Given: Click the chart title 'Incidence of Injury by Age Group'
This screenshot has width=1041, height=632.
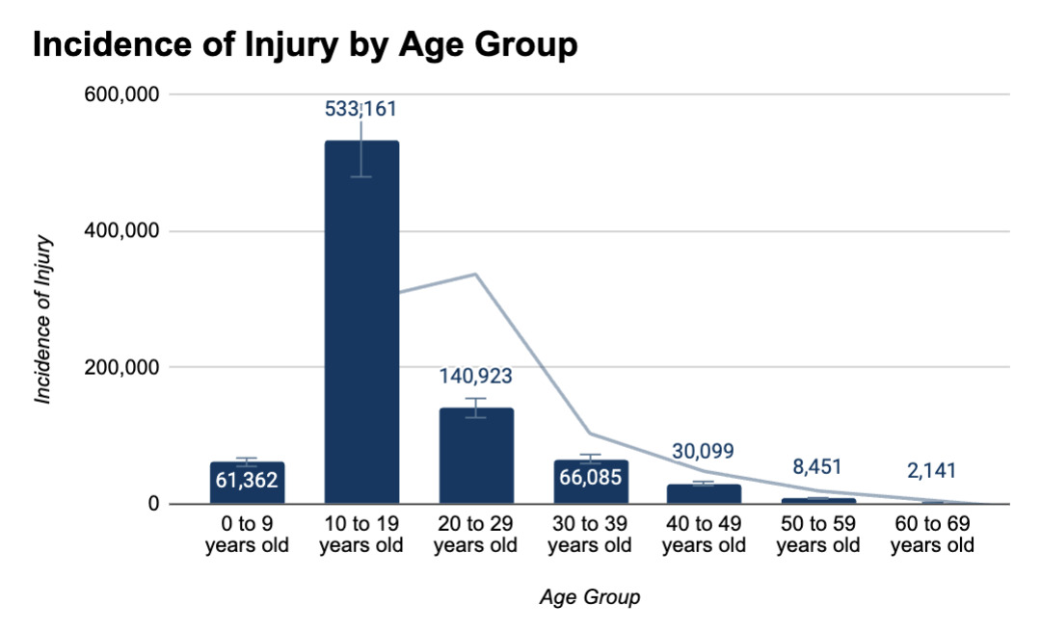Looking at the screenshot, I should point(305,44).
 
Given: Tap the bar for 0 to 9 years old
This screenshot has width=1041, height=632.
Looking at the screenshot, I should point(247,483).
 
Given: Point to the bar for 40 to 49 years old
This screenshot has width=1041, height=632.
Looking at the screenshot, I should point(704,493).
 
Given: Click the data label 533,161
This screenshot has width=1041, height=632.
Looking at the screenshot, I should point(360,109).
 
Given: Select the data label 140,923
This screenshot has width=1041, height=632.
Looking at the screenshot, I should point(475,377).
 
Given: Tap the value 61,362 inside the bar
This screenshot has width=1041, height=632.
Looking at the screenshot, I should point(247,480).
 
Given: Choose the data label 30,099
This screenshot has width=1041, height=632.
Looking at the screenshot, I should point(704,451).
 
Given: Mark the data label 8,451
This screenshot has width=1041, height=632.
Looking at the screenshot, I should point(817,467).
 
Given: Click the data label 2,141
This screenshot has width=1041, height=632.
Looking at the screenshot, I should point(932,471).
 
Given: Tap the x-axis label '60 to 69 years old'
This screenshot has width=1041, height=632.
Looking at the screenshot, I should point(932,535).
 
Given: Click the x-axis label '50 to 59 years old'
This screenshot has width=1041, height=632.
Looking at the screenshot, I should point(817,535).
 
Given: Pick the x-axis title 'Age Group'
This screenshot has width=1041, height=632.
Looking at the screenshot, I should point(589,597).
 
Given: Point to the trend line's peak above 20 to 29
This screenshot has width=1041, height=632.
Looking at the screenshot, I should point(475,275).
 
